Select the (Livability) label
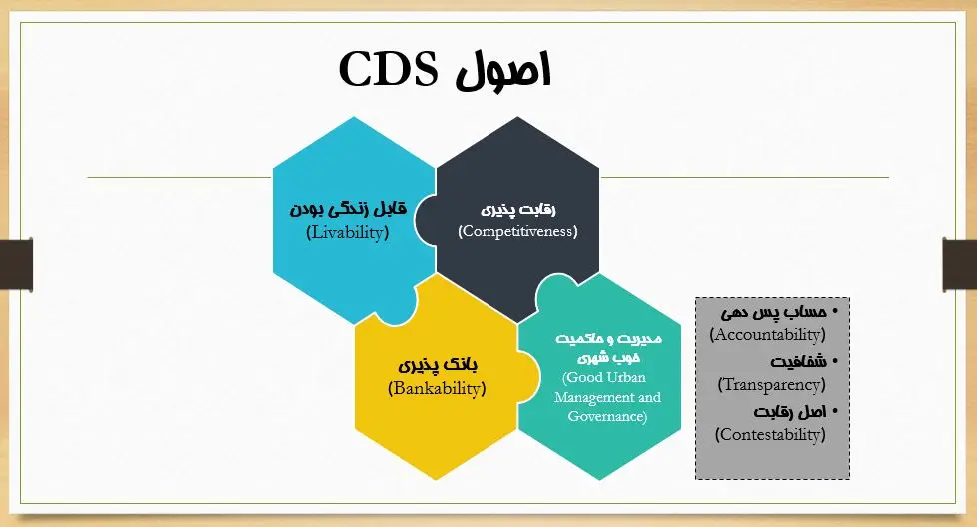(347, 233)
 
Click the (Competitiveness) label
(517, 231)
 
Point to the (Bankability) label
(437, 389)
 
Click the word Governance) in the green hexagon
(607, 416)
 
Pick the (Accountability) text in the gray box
(767, 335)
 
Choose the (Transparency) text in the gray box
(771, 385)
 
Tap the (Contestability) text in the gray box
(770, 435)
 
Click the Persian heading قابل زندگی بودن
(348, 208)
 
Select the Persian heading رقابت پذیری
(517, 210)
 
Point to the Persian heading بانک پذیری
(438, 365)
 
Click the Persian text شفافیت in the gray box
(798, 362)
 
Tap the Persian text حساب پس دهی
(774, 312)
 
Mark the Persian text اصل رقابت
(790, 412)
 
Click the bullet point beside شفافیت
(835, 361)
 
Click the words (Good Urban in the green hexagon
(603, 377)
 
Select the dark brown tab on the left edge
(16, 264)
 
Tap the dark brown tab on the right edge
(960, 264)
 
